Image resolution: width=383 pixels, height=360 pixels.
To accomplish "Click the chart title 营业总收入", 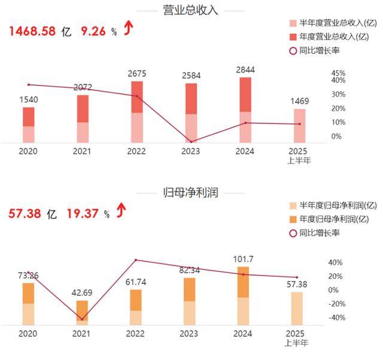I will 191,11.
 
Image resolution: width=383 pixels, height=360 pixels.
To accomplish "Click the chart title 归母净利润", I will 191,193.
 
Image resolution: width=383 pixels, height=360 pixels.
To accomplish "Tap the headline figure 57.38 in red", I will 24,213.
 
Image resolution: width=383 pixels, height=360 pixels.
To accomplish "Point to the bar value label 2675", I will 137,74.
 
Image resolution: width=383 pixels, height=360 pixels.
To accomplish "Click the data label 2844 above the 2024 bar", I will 245,70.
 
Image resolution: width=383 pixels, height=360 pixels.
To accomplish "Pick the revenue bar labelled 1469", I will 299,126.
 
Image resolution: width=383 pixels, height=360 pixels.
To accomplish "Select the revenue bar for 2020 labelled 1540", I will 29,125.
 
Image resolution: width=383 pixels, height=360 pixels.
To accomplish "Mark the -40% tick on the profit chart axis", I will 336,317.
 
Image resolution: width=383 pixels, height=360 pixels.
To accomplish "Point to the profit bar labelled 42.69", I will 83,312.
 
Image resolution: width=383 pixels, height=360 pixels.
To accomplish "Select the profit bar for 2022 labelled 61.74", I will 136,307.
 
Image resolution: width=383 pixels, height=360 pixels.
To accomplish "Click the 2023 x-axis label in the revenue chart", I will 190,152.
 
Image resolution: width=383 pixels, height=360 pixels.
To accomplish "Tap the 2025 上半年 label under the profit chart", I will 299,338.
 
